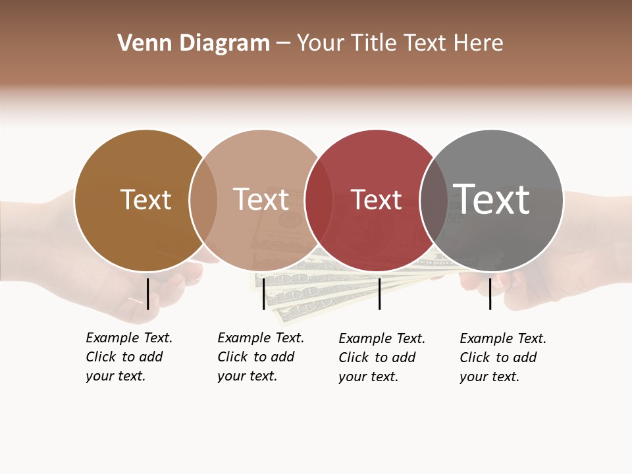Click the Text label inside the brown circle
coord(145,199)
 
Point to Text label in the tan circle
coord(261,199)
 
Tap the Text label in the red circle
coord(376,199)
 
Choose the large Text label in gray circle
coord(492,199)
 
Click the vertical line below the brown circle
coord(147,294)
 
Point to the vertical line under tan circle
coord(263,294)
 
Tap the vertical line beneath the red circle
coord(379,294)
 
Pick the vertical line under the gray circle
coord(490,294)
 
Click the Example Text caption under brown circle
coord(128,357)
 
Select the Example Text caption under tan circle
coord(260,357)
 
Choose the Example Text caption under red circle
coord(381,357)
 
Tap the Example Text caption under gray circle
coord(502,357)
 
